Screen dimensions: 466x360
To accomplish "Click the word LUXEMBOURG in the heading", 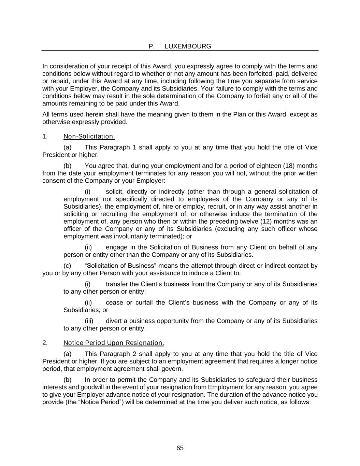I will point(188,46).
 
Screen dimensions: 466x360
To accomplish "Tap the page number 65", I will point(180,448).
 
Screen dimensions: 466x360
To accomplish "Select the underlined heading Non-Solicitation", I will point(89,137).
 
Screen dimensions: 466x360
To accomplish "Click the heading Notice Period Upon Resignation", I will point(114,343).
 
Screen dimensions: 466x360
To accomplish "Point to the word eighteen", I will point(269,166).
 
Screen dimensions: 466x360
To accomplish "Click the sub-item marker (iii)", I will point(89,321).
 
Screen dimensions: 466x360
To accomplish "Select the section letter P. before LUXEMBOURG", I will point(152,46).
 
